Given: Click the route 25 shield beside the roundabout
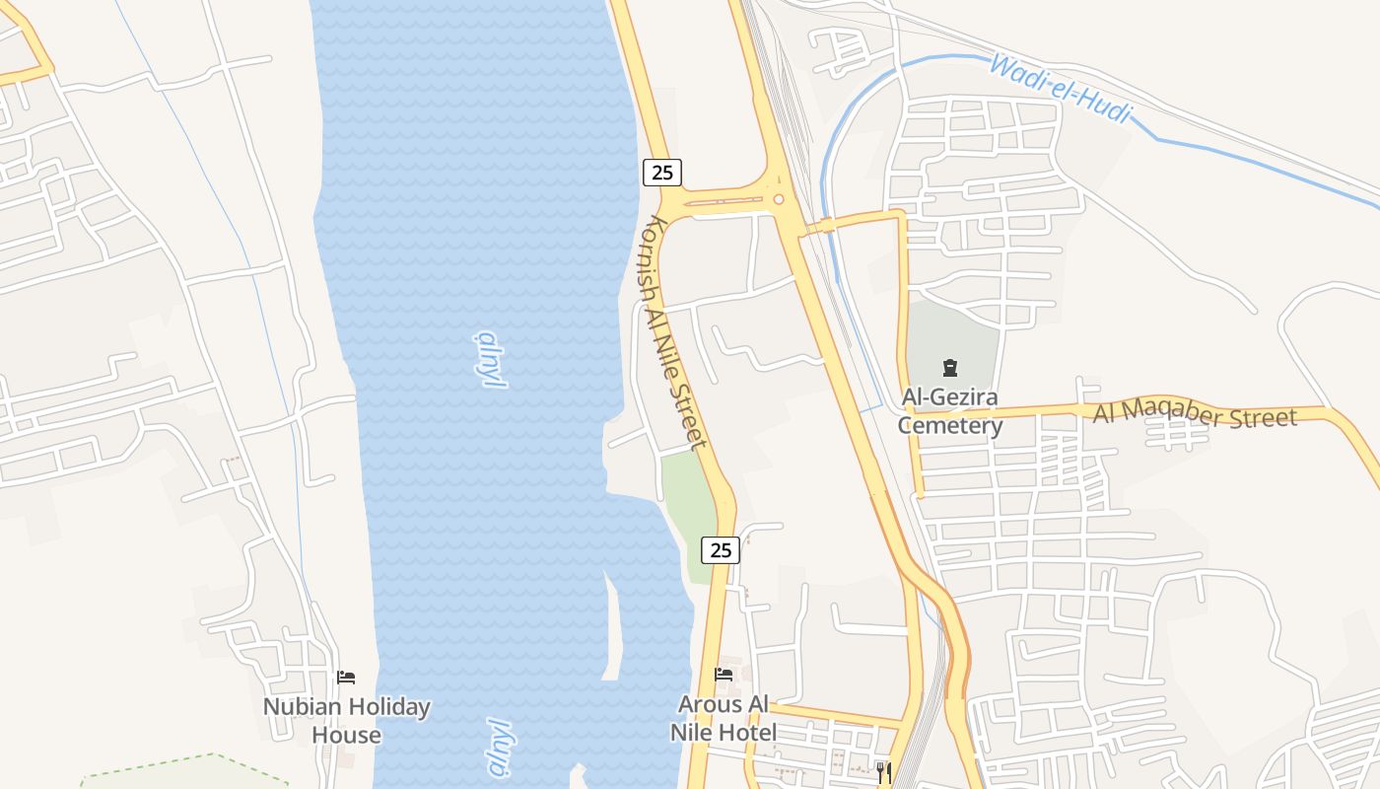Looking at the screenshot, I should [x=662, y=173].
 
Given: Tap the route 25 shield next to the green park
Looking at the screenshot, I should [x=722, y=550].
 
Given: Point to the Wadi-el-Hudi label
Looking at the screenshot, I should [x=1060, y=89].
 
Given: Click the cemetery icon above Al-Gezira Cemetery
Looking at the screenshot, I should [x=950, y=369].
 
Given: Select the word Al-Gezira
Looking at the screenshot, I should [x=950, y=398].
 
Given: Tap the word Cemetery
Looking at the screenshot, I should [x=950, y=426].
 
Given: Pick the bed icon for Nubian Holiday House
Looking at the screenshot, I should [x=346, y=678].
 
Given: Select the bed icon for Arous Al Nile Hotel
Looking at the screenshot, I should [x=724, y=676].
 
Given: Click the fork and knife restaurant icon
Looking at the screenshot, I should [x=883, y=771].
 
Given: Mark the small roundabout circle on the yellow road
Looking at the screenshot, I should [x=779, y=199].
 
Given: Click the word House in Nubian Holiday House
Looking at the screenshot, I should [x=347, y=736].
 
